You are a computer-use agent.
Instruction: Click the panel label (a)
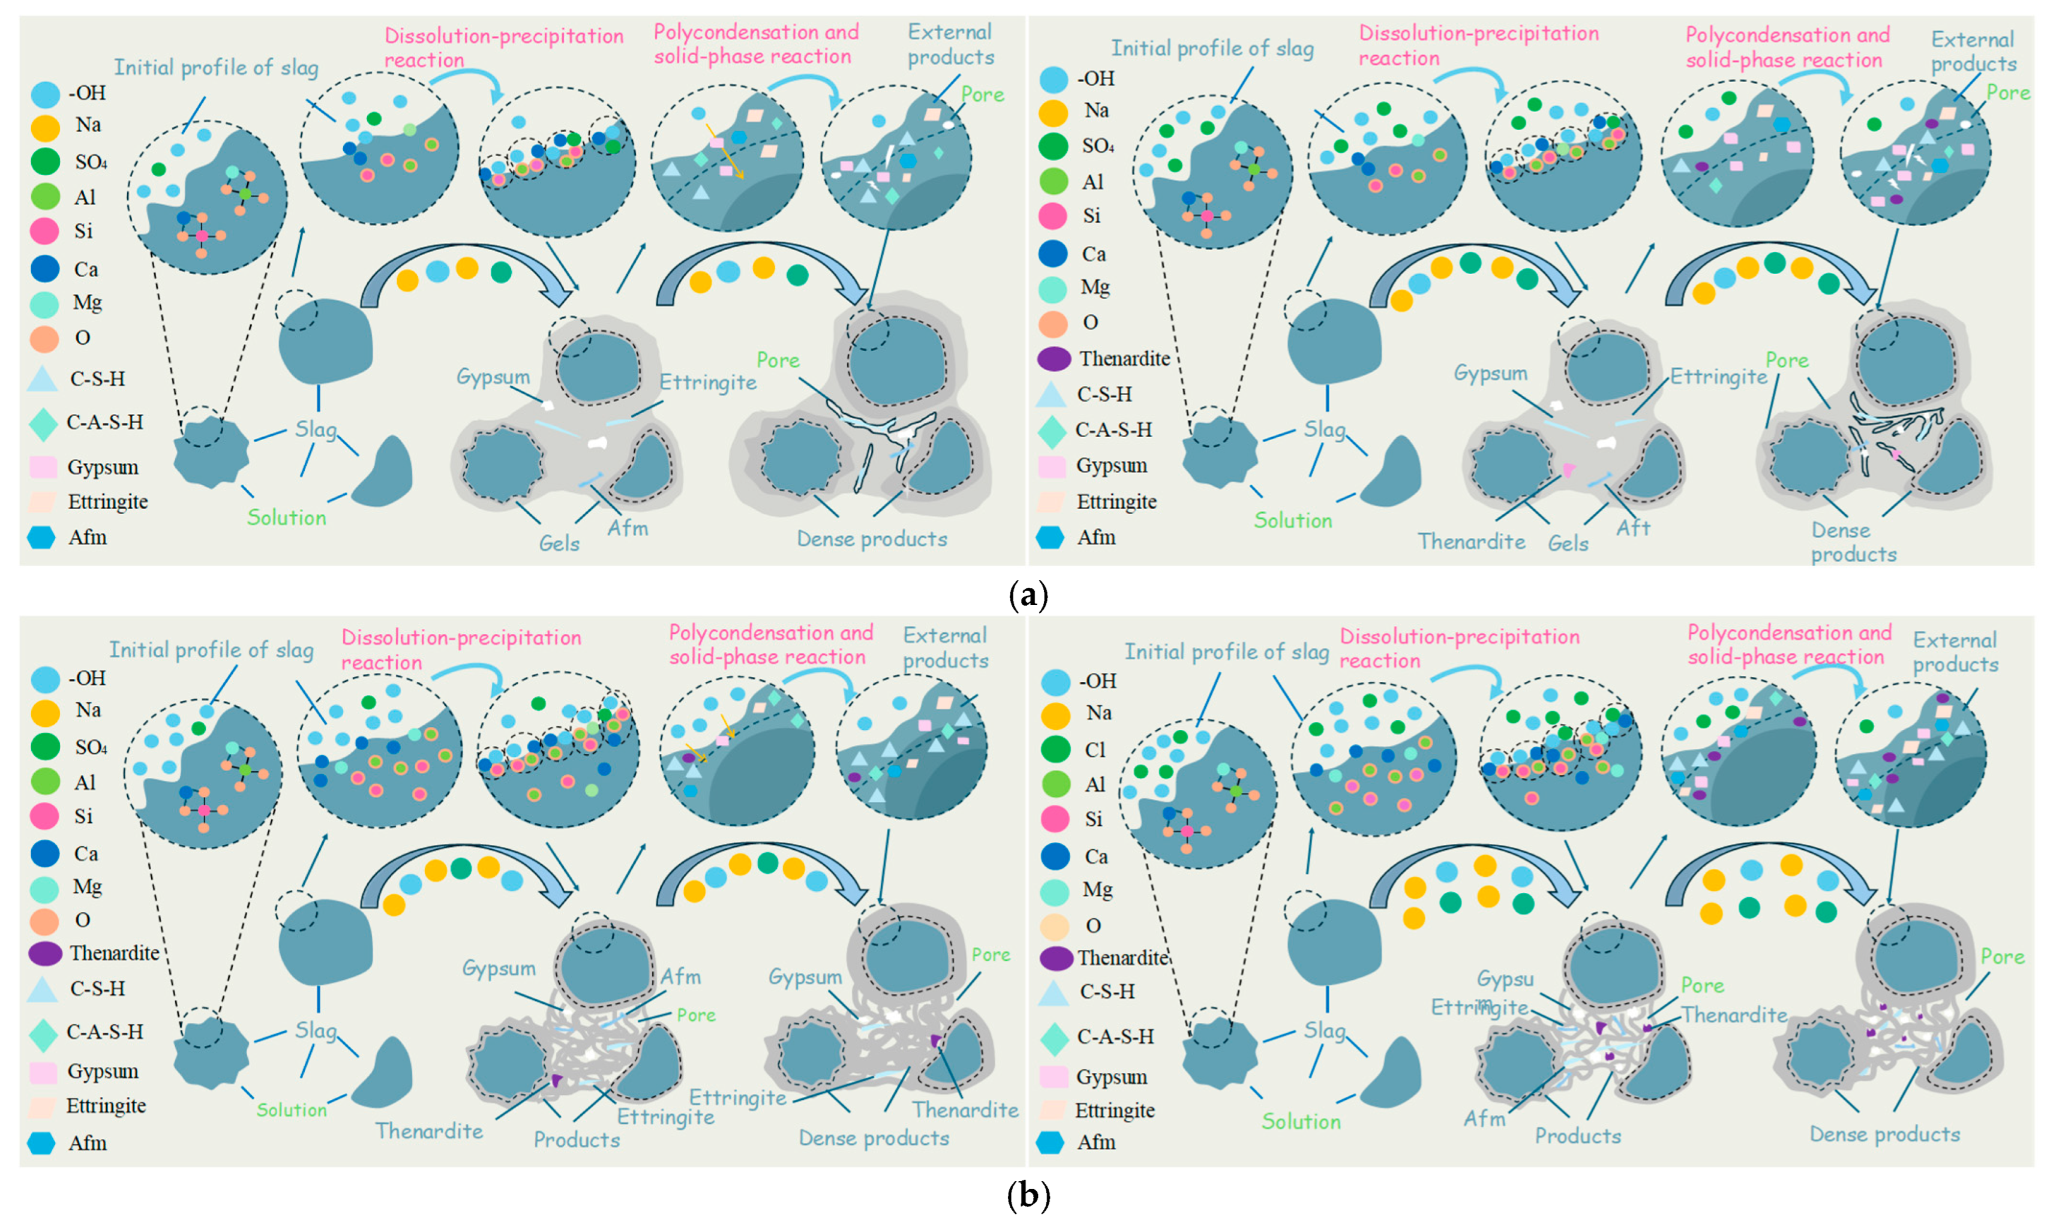click(x=1028, y=594)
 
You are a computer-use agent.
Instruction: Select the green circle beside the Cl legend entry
click(x=1056, y=749)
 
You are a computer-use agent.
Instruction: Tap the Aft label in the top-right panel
click(x=1632, y=528)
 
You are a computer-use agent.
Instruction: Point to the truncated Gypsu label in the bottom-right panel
click(x=1505, y=979)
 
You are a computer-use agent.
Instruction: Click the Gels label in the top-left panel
click(x=559, y=543)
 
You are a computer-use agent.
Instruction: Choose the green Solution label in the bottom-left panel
click(x=292, y=1109)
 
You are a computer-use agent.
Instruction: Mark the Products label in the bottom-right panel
click(x=1578, y=1136)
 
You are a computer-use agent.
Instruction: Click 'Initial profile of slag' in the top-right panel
click(x=1212, y=49)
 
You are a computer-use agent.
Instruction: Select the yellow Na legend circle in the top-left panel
click(x=45, y=127)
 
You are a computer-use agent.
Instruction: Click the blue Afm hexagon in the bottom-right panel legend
click(x=1050, y=1142)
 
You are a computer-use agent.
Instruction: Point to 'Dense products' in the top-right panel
click(x=1854, y=542)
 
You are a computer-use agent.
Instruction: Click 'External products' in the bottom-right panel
click(x=1955, y=652)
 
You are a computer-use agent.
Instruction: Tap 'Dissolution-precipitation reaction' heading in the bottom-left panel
click(x=461, y=649)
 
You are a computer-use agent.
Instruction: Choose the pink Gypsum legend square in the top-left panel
click(x=43, y=468)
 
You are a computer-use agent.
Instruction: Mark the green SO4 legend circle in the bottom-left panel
click(x=45, y=746)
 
